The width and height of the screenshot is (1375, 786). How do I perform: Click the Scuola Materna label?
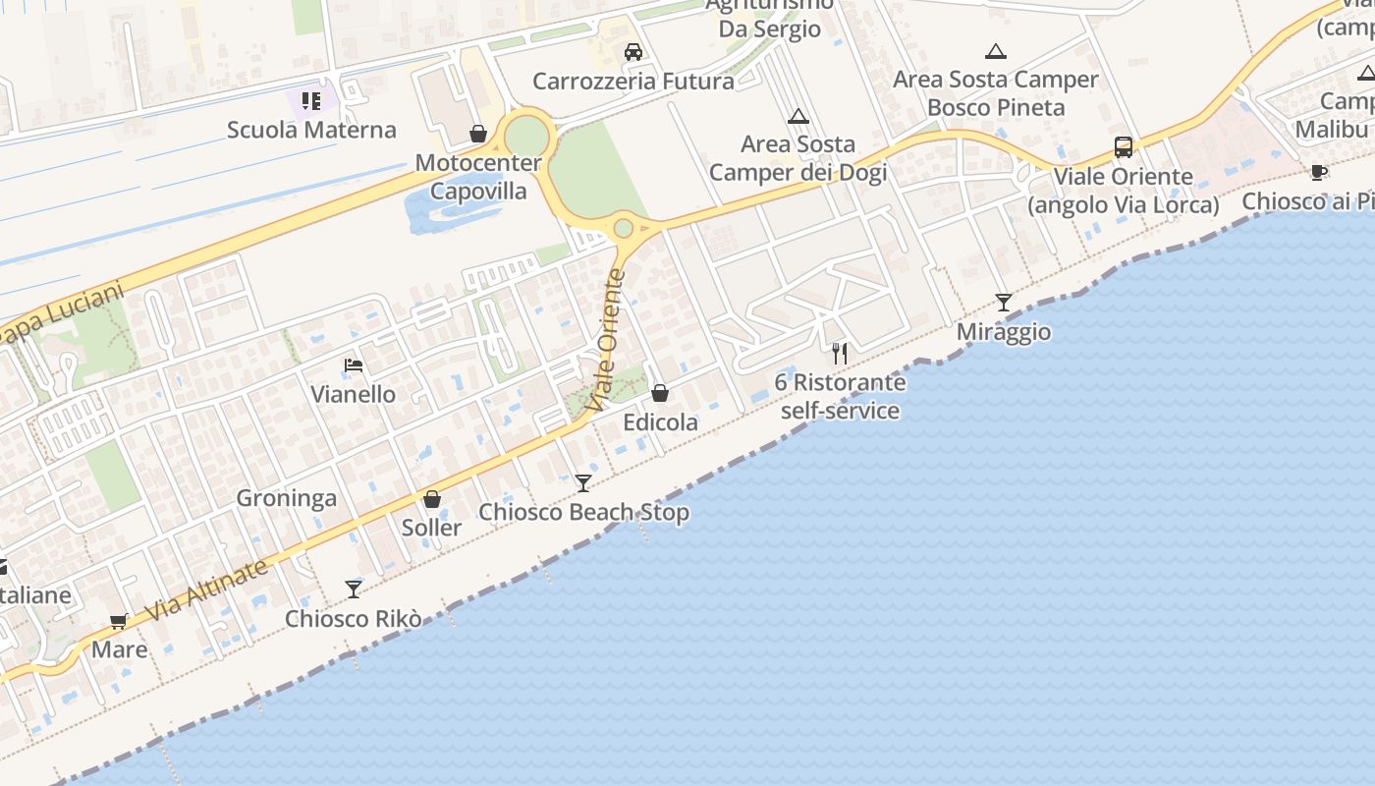point(311,130)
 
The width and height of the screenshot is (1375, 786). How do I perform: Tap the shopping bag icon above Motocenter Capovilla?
point(478,134)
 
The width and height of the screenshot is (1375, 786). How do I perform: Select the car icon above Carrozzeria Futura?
point(633,51)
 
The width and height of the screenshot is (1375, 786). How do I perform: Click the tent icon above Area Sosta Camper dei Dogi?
point(798,116)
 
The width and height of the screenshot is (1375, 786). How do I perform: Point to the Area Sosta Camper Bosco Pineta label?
point(995,93)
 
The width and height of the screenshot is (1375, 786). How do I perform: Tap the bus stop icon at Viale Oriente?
point(1124,147)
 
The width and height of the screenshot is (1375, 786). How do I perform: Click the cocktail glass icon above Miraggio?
point(1003,302)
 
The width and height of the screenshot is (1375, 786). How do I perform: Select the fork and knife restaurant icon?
point(840,353)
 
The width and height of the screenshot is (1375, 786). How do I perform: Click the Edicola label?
point(661,422)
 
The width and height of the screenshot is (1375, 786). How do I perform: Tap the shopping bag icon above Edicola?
point(660,393)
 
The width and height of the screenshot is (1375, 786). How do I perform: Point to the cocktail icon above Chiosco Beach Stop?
point(583,482)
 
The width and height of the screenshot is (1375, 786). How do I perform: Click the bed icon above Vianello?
point(354,365)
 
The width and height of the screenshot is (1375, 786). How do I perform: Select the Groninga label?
point(286,498)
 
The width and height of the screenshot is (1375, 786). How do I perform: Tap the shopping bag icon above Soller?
point(432,499)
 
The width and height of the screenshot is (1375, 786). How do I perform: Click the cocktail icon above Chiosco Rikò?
point(354,589)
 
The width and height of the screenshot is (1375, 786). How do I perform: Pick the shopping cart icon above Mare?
point(119,621)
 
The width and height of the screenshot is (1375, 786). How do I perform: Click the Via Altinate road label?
point(207,590)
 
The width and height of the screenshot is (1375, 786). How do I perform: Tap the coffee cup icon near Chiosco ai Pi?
point(1319,172)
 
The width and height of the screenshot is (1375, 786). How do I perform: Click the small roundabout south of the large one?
point(623,229)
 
